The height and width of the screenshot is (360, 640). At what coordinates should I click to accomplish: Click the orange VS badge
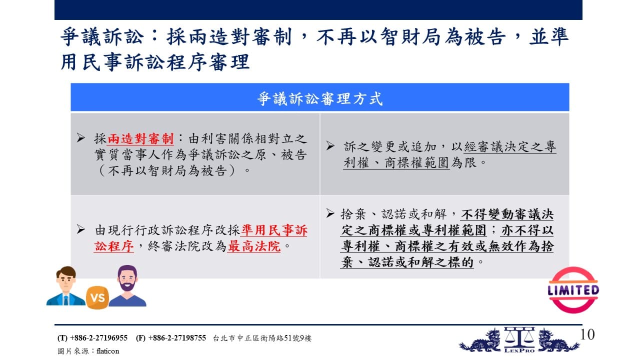(x=97, y=297)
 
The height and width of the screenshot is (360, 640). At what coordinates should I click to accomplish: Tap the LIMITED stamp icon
(x=573, y=290)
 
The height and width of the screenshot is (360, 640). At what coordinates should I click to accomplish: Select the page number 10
(x=587, y=334)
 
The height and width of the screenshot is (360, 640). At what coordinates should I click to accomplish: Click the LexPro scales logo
(x=519, y=340)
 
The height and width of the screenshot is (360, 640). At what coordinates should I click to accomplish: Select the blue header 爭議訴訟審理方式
(x=320, y=99)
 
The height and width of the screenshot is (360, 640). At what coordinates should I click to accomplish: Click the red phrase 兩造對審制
(x=140, y=139)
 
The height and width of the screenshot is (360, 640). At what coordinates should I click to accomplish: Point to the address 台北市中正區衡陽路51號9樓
(x=262, y=338)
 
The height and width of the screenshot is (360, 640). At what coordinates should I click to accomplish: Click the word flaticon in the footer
(x=107, y=351)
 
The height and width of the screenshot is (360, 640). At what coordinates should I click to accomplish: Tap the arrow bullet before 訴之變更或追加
(x=330, y=146)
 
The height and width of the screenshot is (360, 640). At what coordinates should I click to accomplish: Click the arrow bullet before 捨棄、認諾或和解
(x=330, y=213)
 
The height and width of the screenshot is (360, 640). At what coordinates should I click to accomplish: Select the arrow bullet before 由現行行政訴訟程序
(x=81, y=229)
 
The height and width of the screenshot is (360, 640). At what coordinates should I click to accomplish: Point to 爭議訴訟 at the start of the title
(x=102, y=37)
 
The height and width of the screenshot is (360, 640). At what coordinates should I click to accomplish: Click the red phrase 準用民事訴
(x=274, y=230)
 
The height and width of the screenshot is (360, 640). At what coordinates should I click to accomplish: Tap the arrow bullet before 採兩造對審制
(x=81, y=138)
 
